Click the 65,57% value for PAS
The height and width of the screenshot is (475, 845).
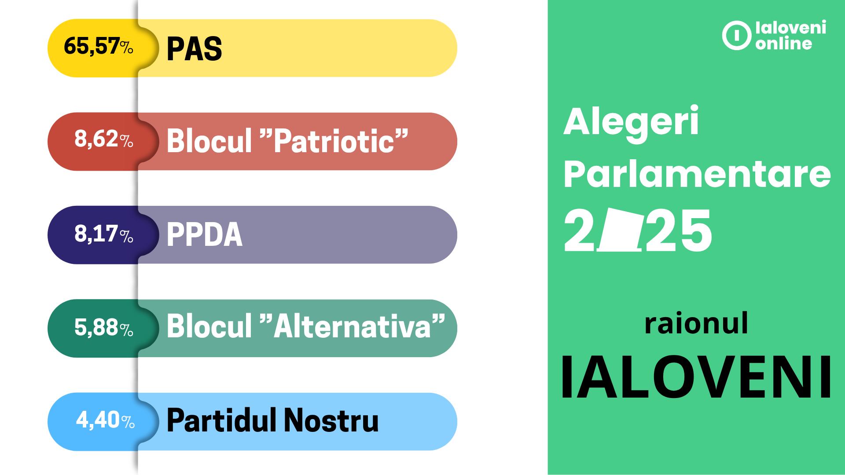(99, 46)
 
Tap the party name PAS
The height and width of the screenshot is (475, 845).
(195, 48)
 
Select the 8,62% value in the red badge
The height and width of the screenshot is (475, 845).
(104, 139)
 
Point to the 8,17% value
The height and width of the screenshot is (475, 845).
(104, 234)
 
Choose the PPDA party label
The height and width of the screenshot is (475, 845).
(205, 234)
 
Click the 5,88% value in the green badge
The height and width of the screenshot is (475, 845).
(104, 327)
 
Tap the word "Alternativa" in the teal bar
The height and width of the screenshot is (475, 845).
(353, 326)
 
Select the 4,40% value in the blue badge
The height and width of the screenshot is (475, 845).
(106, 420)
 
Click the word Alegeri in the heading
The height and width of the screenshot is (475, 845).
(631, 123)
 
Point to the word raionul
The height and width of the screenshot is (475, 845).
(696, 323)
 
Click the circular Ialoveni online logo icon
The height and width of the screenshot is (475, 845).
(736, 35)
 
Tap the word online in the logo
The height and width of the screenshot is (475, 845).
(784, 44)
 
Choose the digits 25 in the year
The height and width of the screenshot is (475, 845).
(679, 230)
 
